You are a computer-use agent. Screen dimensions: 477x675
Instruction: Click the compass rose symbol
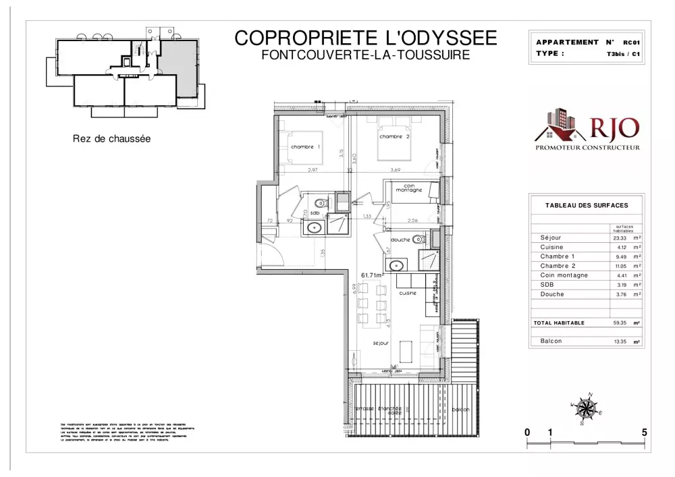pos(587,408)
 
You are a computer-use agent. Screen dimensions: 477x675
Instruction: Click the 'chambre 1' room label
pos(305,147)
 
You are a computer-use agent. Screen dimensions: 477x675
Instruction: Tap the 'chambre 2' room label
pos(395,137)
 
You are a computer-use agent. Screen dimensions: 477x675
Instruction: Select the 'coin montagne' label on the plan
pos(409,188)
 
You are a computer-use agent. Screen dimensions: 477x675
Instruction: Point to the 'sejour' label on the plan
pos(381,343)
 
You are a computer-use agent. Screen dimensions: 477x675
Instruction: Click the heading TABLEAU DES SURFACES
pos(587,205)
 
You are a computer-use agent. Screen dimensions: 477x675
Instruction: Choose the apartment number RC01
pos(631,43)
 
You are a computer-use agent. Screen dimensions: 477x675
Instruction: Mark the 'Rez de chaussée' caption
pos(111,139)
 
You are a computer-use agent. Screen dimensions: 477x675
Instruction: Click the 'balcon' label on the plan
pos(461,410)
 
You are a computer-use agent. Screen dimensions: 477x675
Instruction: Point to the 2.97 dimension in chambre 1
pos(313,170)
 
